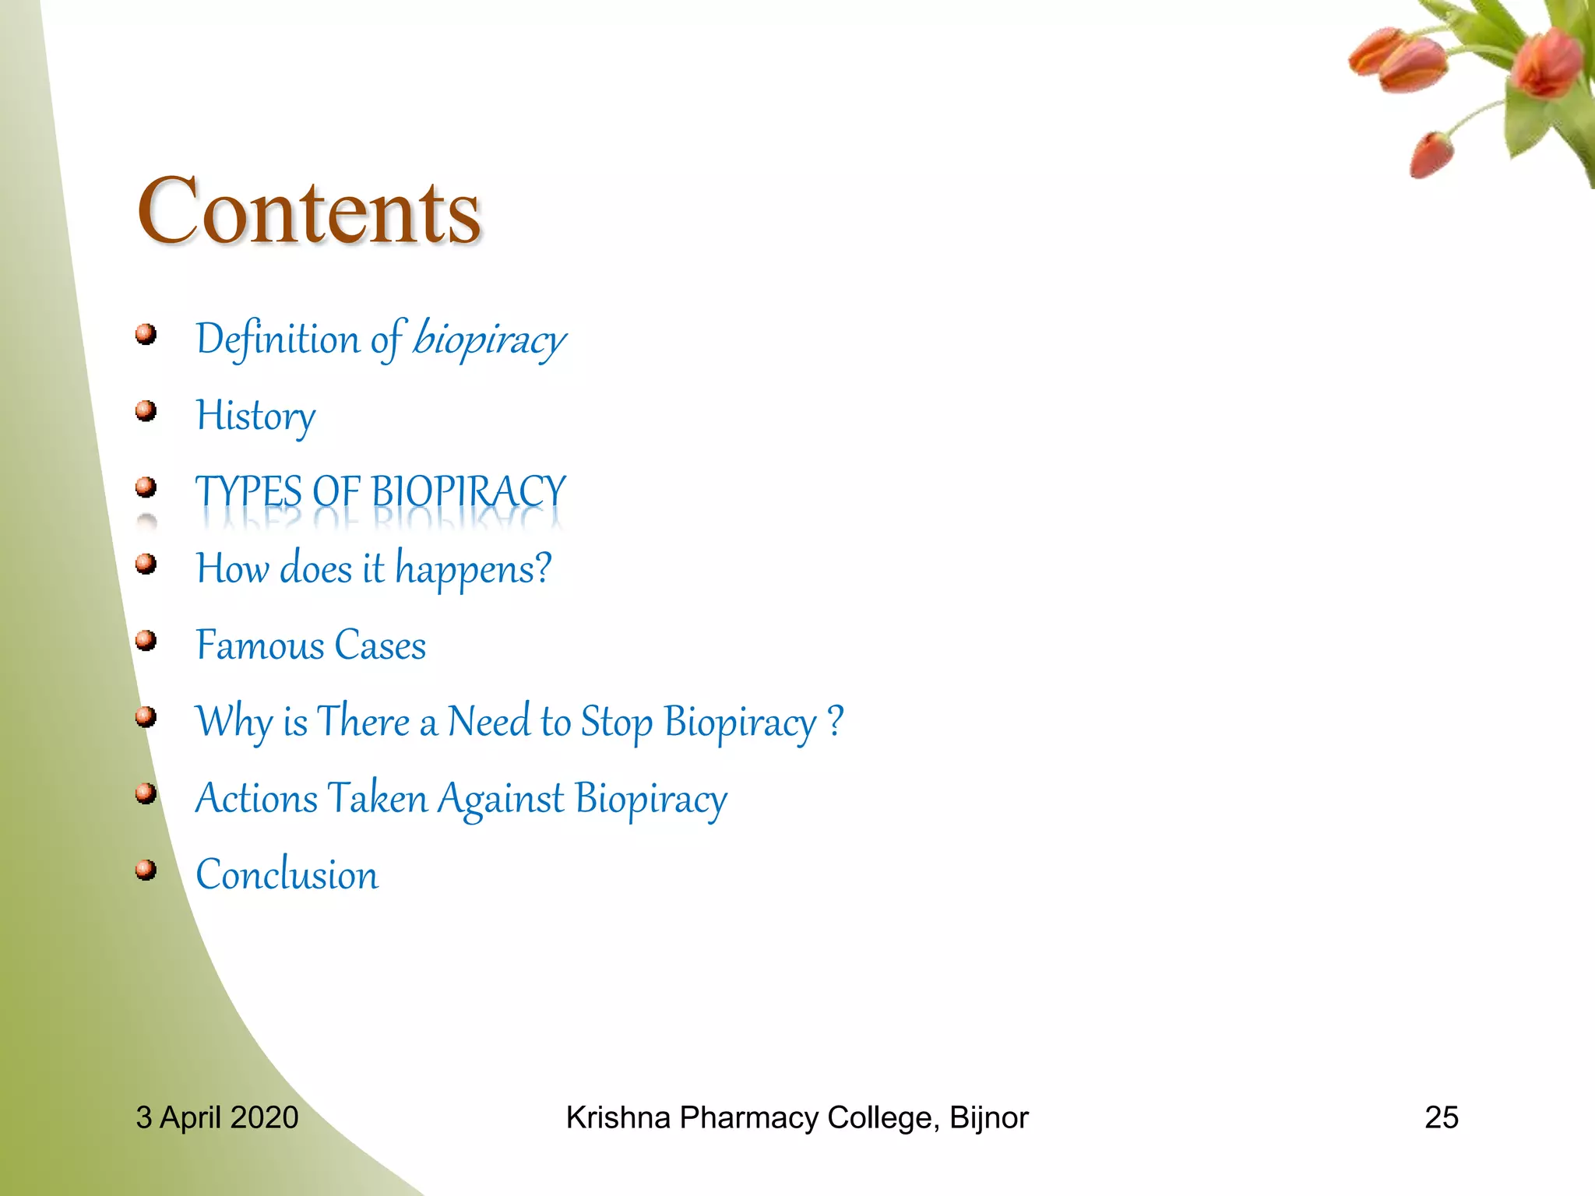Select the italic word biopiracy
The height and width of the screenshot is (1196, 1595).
click(489, 339)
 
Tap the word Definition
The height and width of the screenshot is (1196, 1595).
click(277, 339)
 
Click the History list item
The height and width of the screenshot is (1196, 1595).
click(255, 416)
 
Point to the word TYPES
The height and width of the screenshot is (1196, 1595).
click(248, 492)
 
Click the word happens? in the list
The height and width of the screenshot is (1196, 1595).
click(474, 568)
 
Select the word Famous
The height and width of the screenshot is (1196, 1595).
click(259, 645)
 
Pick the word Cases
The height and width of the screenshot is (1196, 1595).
click(380, 645)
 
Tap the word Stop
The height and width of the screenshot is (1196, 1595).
click(616, 721)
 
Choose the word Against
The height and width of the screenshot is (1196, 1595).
click(500, 798)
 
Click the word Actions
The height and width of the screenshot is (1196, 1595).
click(256, 798)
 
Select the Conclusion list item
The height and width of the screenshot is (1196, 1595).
click(287, 874)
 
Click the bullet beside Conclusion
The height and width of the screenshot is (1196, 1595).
click(146, 869)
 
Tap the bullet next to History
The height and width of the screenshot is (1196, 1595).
click(146, 410)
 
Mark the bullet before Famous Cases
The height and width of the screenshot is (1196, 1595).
click(146, 640)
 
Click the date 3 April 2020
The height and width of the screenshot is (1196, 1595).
click(217, 1117)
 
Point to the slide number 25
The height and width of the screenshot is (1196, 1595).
click(1441, 1117)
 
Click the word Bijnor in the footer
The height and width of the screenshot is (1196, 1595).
click(988, 1117)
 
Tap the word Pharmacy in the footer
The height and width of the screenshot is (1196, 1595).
click(748, 1117)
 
